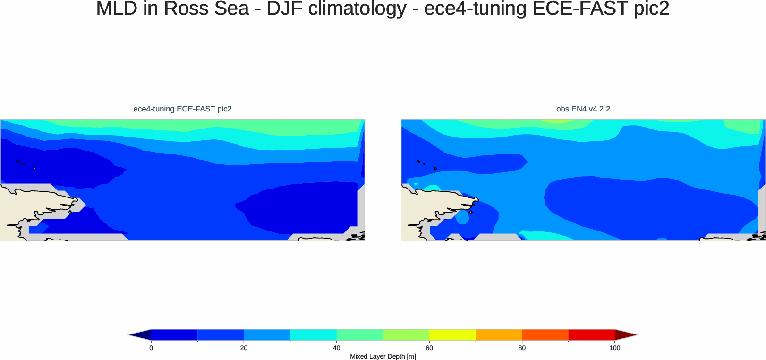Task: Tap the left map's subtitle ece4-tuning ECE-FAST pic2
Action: coord(182,109)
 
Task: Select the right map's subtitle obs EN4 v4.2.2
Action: coord(583,109)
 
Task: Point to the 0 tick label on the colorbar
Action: coord(151,348)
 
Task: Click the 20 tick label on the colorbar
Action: coord(244,348)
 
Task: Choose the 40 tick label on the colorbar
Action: coord(336,348)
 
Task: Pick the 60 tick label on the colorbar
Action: coord(429,348)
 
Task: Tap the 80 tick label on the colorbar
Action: coord(522,348)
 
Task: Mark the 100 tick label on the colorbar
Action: coord(614,348)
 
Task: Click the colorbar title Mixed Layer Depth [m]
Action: coord(383,356)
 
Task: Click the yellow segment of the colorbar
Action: coord(452,335)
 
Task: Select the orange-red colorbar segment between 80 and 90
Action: coord(545,335)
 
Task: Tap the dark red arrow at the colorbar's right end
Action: coord(624,335)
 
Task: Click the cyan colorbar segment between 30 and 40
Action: coord(313,335)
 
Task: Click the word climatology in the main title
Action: coord(361,9)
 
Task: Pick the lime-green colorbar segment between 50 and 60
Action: coord(406,335)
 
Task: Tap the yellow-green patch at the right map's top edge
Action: coord(556,120)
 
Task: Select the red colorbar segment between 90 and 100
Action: coord(591,335)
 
